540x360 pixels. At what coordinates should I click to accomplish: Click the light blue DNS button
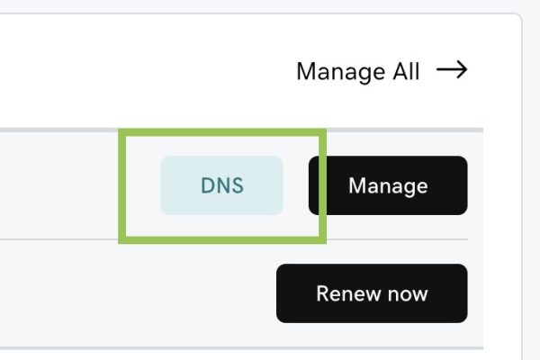point(222,185)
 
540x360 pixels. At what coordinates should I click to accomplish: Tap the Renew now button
point(372,293)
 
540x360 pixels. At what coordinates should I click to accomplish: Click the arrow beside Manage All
point(452,69)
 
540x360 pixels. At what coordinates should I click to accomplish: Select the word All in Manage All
point(407,71)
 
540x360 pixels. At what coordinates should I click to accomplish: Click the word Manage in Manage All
point(341,72)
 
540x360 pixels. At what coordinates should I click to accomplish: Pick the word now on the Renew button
point(408,295)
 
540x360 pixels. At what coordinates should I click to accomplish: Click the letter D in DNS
point(207,185)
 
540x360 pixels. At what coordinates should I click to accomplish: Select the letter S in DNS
point(238,185)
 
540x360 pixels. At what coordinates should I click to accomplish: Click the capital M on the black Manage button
point(356,185)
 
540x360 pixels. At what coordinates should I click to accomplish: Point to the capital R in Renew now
point(323,293)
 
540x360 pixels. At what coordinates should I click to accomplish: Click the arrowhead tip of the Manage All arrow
point(467,69)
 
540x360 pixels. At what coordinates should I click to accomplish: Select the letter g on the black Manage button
point(409,189)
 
